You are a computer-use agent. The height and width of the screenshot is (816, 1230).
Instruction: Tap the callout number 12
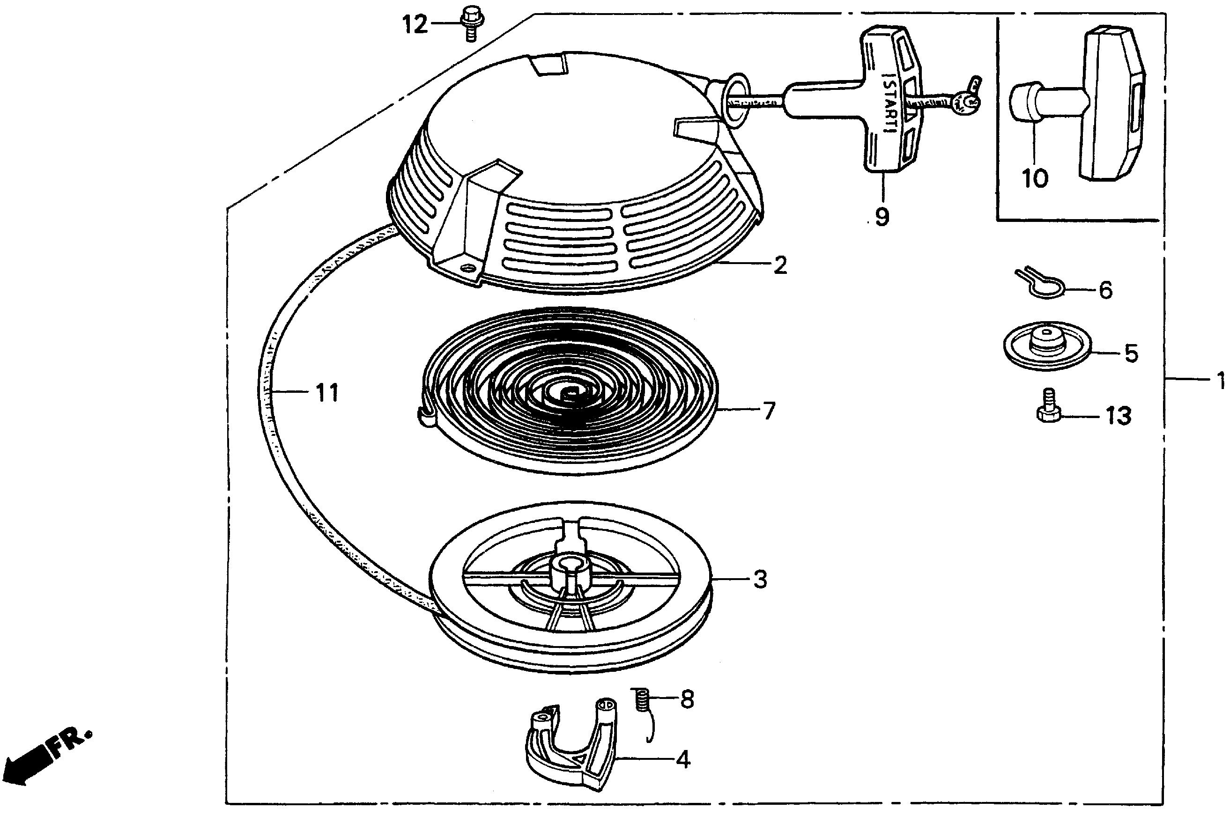pos(415,24)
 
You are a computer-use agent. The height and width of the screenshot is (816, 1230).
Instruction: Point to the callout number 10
pos(1035,179)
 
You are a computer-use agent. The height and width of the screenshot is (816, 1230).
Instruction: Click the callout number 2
pos(779,265)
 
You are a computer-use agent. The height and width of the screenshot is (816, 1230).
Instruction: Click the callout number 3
pos(760,579)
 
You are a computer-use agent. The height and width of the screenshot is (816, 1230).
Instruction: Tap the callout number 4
pos(683,760)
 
